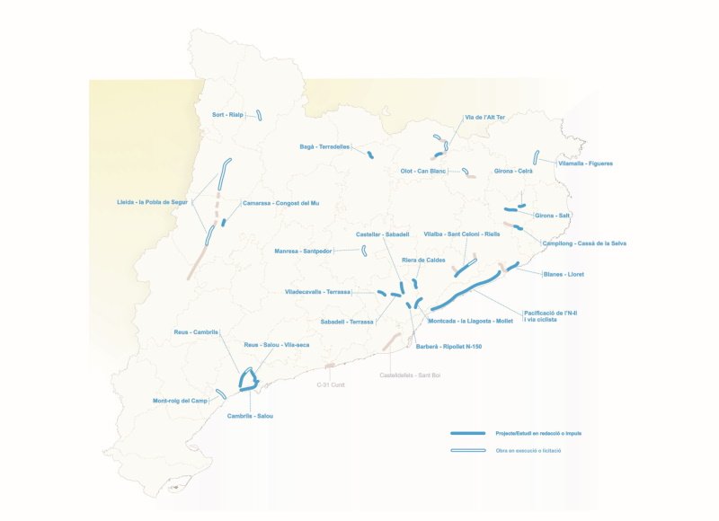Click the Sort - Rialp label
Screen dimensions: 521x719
coord(227,115)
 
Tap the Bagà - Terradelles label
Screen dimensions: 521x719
coord(324,146)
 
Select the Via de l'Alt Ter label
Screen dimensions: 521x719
coord(484,118)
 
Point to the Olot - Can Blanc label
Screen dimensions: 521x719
coord(423,171)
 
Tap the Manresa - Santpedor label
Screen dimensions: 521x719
coord(303,252)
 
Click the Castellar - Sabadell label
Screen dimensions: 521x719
coord(382,234)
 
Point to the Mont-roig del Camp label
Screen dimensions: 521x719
coord(180,401)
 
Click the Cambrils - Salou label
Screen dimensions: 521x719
coord(250,416)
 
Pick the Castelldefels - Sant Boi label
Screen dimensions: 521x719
coord(410,375)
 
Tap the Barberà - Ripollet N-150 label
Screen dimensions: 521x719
coord(448,346)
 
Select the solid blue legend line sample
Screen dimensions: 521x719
coord(467,433)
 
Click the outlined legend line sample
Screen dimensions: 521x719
coord(467,450)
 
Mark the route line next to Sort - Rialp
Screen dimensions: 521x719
coord(258,115)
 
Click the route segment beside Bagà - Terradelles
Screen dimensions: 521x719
coord(369,155)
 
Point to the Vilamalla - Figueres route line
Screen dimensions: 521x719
coord(536,157)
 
